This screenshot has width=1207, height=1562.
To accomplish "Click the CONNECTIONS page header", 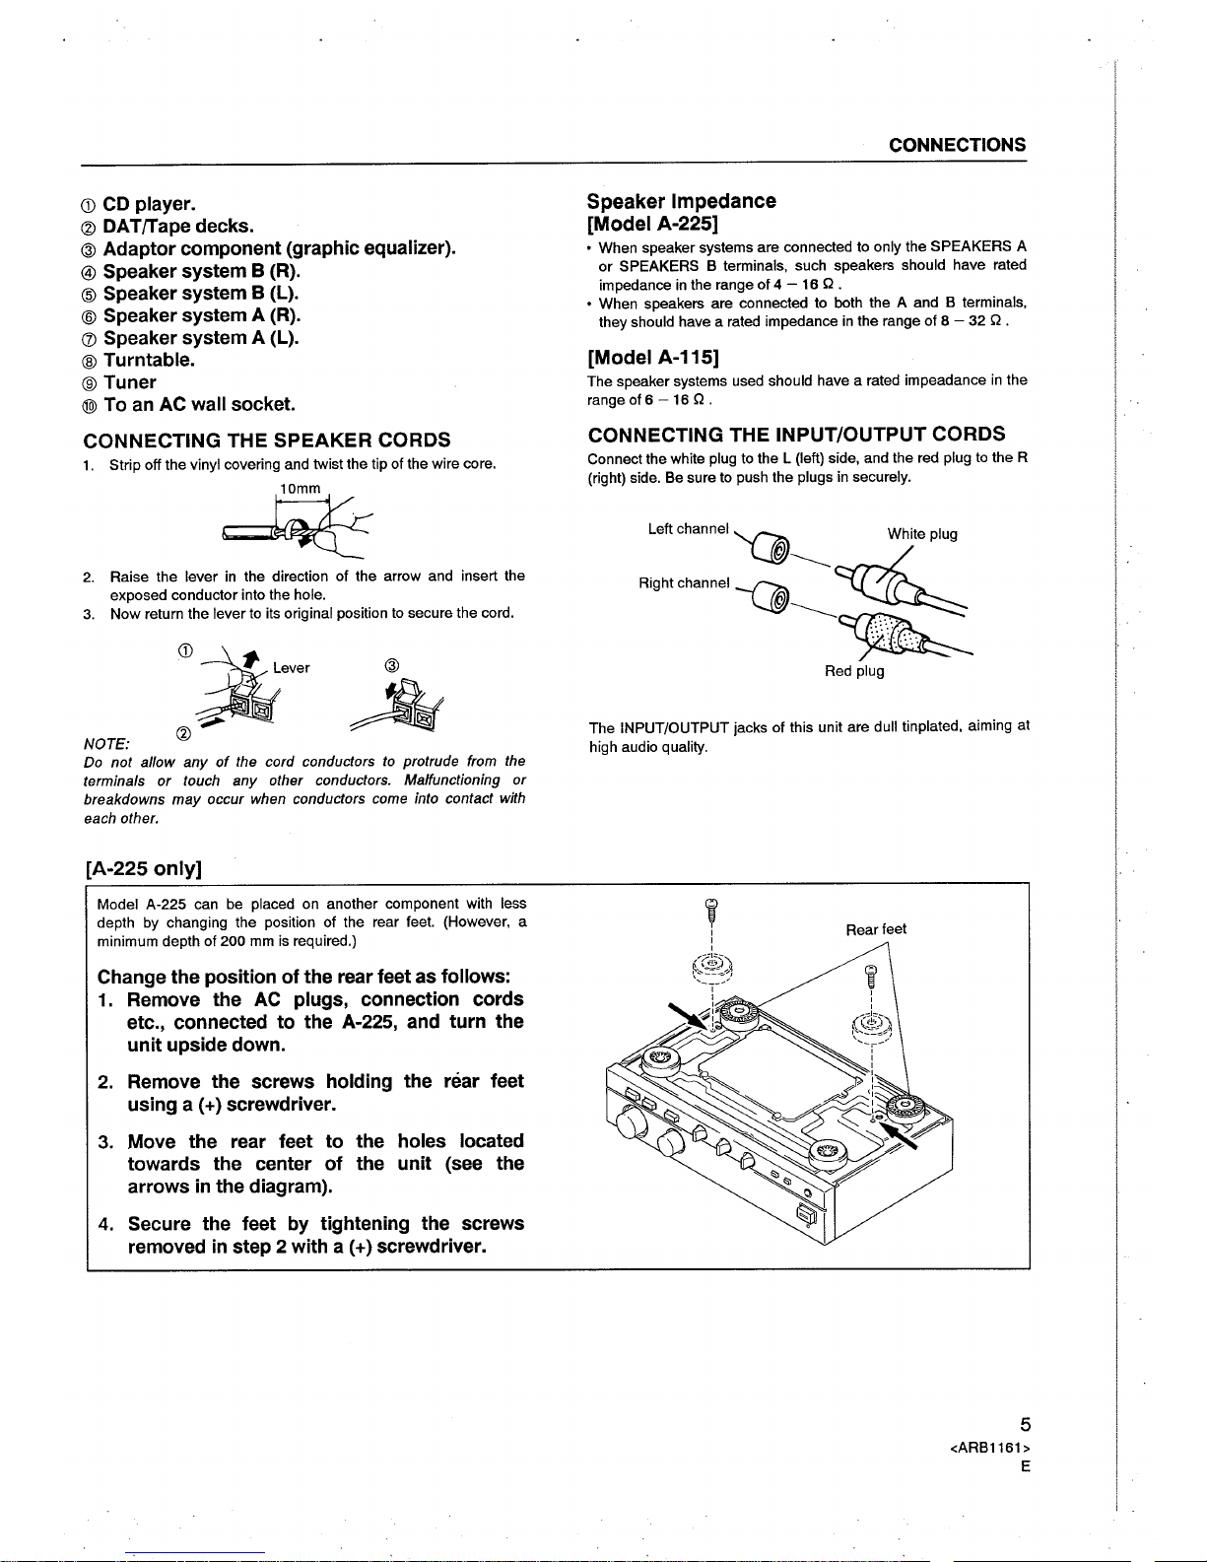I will (957, 145).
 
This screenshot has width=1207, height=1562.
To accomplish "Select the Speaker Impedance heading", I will (681, 201).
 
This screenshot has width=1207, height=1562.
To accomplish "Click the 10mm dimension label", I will (301, 489).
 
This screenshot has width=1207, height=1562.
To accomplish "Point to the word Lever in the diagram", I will (292, 667).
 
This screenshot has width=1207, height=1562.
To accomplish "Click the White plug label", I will (921, 534).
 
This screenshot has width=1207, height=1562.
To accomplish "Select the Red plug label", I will (854, 671).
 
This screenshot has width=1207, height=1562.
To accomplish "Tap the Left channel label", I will (688, 529).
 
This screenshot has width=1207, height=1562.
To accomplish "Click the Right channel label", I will (684, 582).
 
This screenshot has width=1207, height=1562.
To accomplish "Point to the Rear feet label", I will (876, 929).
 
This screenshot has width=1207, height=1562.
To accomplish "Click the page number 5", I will (1025, 1424).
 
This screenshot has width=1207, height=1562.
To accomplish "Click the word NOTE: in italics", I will (109, 741).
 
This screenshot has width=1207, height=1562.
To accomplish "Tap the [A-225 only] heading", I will (144, 868).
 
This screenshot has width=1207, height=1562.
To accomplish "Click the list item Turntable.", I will (149, 360).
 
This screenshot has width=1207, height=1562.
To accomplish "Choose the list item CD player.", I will (149, 204).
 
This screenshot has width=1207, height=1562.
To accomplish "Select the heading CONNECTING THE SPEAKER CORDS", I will (268, 440).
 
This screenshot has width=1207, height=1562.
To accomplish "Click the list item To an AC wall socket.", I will (198, 404).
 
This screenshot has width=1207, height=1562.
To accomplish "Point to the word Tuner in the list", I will (130, 382).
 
